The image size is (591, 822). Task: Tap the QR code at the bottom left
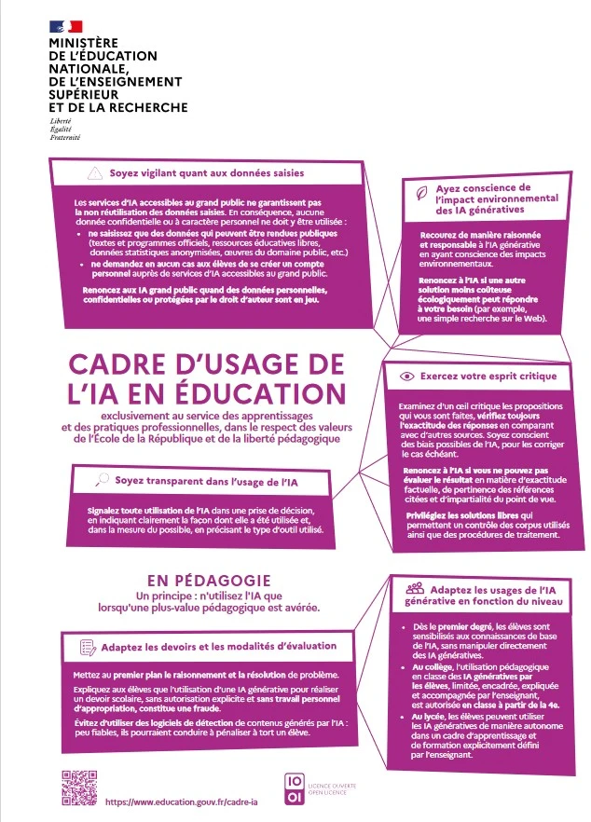[79, 788]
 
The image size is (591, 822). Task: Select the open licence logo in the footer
[294, 788]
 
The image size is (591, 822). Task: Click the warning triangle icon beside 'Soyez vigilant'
[93, 173]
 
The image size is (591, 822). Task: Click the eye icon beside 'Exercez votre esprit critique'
[405, 377]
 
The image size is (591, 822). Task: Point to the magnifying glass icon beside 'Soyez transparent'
[102, 481]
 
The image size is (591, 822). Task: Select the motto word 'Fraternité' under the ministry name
[65, 137]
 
